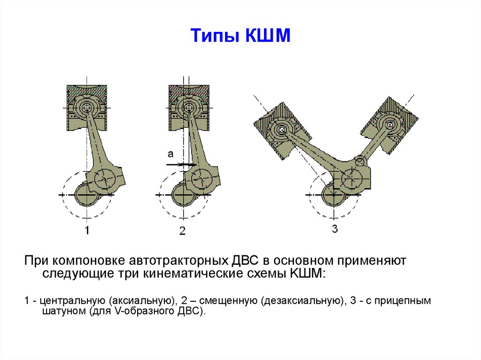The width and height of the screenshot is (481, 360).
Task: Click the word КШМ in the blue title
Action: [x=268, y=35]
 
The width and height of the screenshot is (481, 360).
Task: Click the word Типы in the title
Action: [x=214, y=36]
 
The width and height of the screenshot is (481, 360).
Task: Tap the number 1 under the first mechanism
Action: [x=87, y=230]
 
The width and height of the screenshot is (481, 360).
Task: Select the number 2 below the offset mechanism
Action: [x=183, y=230]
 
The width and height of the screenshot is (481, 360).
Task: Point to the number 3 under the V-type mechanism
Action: [x=334, y=229]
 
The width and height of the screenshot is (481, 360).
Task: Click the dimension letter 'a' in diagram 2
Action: [x=171, y=153]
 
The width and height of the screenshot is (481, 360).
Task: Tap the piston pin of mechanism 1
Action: [x=87, y=107]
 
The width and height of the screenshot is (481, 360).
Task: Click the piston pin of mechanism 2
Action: [x=188, y=107]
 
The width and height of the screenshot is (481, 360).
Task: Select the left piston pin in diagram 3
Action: [x=282, y=130]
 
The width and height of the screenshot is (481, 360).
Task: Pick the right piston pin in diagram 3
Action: [x=389, y=124]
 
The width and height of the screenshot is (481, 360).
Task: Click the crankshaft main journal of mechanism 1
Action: [x=86, y=195]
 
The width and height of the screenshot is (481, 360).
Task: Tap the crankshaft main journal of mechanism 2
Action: [x=183, y=195]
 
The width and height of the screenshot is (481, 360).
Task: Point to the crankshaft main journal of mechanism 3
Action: [x=334, y=195]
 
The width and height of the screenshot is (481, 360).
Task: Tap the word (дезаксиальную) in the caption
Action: [x=302, y=301]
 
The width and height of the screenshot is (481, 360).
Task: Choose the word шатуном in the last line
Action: [x=64, y=311]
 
